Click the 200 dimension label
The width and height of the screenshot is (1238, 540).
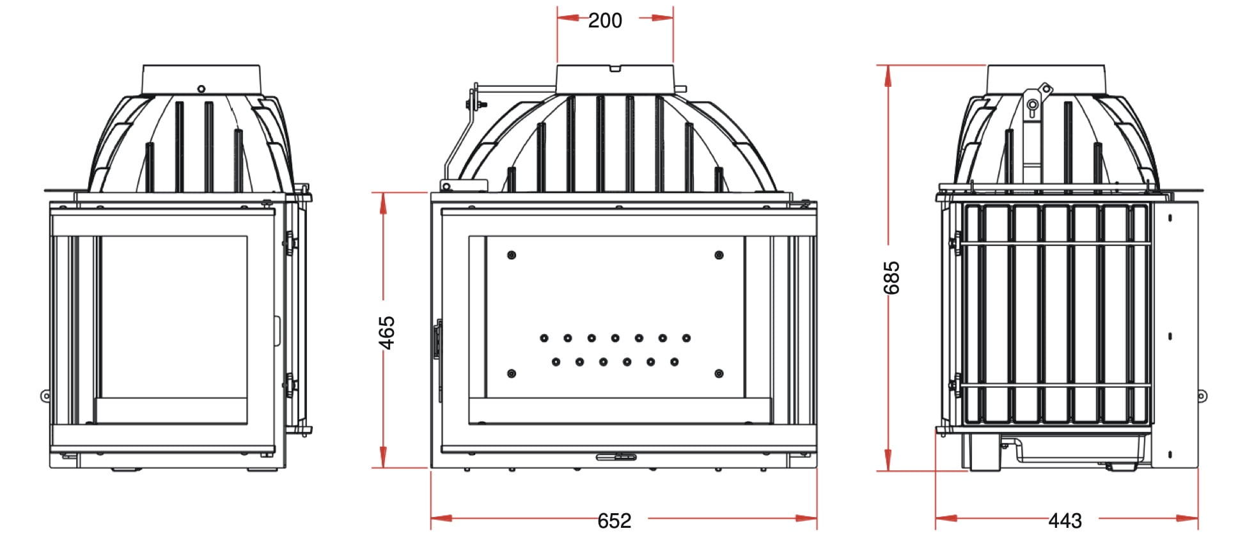click(605, 20)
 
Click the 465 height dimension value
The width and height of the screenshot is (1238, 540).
click(387, 333)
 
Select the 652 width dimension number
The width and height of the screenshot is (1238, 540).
click(614, 521)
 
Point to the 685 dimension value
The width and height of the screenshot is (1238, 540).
click(891, 278)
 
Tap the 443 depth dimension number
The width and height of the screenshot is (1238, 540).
click(1065, 521)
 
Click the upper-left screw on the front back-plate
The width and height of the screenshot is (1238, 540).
click(511, 255)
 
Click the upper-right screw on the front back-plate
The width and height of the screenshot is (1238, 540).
click(719, 255)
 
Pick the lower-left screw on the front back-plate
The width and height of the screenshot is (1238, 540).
click(511, 373)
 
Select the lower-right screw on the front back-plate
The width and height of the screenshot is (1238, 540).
click(719, 373)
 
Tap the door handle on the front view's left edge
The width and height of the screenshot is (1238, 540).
click(438, 339)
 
